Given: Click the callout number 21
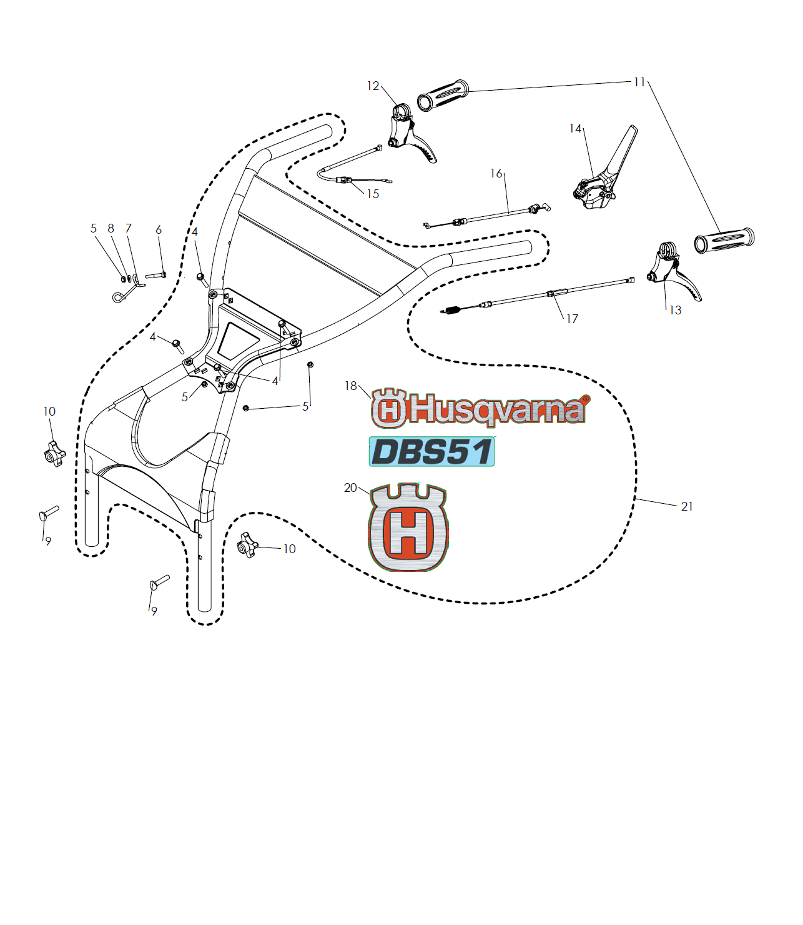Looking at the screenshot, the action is click(686, 507).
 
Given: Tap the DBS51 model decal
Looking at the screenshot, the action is click(431, 451).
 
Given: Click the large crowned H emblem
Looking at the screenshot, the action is click(408, 527).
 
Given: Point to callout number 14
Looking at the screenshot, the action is click(575, 129).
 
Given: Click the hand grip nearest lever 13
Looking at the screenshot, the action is click(724, 241).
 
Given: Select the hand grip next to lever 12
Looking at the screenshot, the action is click(443, 95).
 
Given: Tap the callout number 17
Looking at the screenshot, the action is click(572, 319).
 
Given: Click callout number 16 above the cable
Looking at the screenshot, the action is click(496, 174).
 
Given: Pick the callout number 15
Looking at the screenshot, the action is click(373, 194).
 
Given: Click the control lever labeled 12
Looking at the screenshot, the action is click(411, 133).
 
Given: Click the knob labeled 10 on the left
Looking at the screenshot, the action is click(55, 454).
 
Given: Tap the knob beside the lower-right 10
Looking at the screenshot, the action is click(247, 545).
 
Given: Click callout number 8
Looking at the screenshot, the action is click(111, 228).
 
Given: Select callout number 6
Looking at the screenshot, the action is click(159, 229).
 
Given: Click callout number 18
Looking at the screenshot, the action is click(350, 386).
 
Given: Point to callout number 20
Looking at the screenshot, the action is click(350, 488).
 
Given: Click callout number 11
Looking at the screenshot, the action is click(639, 82).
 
